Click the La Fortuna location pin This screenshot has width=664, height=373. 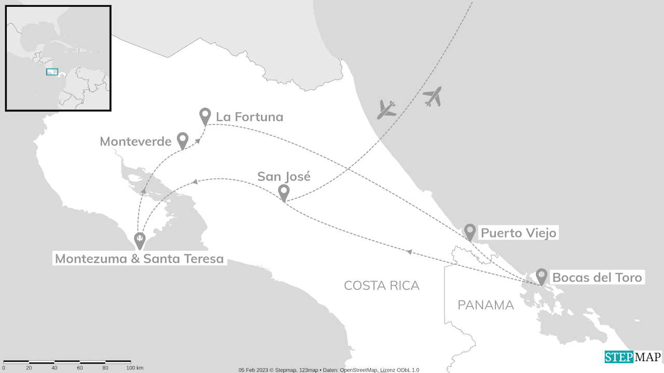click(x=205, y=115)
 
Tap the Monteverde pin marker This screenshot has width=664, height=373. click(x=183, y=139)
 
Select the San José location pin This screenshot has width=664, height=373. click(x=284, y=192)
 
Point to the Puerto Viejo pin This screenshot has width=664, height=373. click(x=470, y=231)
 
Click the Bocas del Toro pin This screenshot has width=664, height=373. click(x=542, y=276)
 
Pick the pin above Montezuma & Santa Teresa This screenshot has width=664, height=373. click(x=140, y=240)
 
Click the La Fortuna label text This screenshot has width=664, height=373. click(x=250, y=117)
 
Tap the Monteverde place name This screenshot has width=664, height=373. click(x=135, y=141)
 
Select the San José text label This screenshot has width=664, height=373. click(x=284, y=177)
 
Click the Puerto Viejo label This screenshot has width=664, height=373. click(x=518, y=233)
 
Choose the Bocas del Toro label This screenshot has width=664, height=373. click(x=597, y=277)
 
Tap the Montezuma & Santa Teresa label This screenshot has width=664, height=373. click(x=139, y=259)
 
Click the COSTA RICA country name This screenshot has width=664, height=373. click(x=382, y=285)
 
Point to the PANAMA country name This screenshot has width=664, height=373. click(x=486, y=305)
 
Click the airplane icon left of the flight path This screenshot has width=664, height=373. click(x=386, y=109)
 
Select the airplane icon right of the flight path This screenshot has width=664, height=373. click(x=432, y=97)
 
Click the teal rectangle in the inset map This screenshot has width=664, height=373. click(x=52, y=72)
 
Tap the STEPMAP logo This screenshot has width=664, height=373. click(x=633, y=357)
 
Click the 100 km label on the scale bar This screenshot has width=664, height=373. click(x=134, y=368)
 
